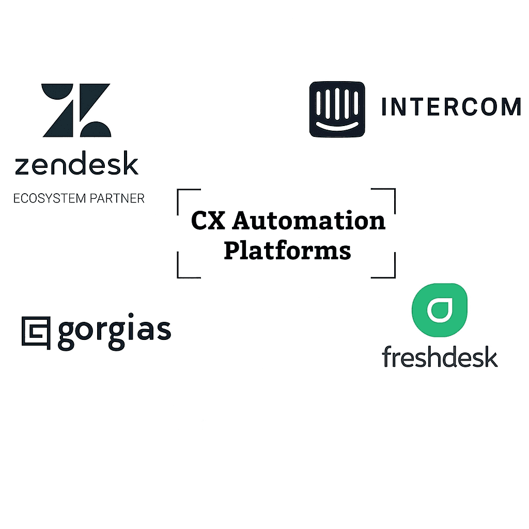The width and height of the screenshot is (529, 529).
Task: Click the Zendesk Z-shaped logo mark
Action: pyautogui.click(x=76, y=110)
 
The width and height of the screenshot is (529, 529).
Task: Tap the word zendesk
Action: pyautogui.click(x=76, y=163)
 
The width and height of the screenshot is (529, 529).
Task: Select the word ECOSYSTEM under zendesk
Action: pyautogui.click(x=50, y=198)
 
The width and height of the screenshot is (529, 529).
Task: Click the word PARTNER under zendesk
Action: pyautogui.click(x=117, y=198)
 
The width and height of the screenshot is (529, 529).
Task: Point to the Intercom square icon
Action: pyautogui.click(x=337, y=110)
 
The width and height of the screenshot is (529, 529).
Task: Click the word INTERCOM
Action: pyautogui.click(x=452, y=107)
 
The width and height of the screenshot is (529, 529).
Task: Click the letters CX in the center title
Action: pyautogui.click(x=208, y=221)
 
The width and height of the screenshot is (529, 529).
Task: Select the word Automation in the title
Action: pyautogui.click(x=309, y=221)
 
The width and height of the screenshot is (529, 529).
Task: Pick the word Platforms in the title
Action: pyautogui.click(x=287, y=251)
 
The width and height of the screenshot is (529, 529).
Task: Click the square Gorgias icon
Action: pyautogui.click(x=36, y=333)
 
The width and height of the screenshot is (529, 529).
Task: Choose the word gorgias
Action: pyautogui.click(x=115, y=332)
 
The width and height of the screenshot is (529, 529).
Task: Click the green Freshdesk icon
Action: pyautogui.click(x=440, y=310)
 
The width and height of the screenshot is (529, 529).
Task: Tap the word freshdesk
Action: pyautogui.click(x=440, y=356)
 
